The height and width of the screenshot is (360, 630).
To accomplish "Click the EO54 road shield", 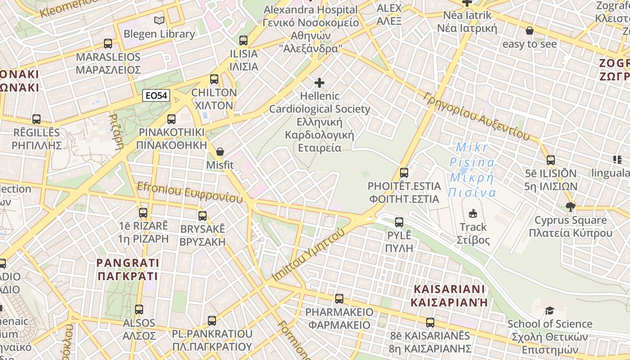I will click(x=156, y=95).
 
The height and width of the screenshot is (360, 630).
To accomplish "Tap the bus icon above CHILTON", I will click(x=214, y=79).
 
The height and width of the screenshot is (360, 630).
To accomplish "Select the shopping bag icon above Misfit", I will click(x=220, y=152).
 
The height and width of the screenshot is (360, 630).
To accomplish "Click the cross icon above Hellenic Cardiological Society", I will click(x=319, y=83).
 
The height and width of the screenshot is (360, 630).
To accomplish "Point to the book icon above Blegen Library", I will click(x=159, y=20).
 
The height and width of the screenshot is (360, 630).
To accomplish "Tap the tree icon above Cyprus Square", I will click(x=571, y=207).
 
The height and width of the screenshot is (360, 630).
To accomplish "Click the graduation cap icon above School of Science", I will click(x=549, y=310).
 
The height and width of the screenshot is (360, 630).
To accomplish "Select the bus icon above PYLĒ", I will click(x=399, y=222).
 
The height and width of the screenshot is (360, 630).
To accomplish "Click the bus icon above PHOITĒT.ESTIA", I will click(x=404, y=172).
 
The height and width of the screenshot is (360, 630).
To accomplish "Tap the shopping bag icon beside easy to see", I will click(x=530, y=31).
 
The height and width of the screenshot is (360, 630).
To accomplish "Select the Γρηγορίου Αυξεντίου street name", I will click(x=477, y=117).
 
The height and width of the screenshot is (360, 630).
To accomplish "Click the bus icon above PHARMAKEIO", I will click(x=339, y=298).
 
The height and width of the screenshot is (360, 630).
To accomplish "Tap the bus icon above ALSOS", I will click(x=139, y=309).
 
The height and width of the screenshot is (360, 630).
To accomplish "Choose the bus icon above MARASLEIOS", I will click(x=108, y=44).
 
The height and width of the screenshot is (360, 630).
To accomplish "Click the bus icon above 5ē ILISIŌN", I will click(x=551, y=160).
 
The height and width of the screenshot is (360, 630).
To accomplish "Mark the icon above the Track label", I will click(x=473, y=213).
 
